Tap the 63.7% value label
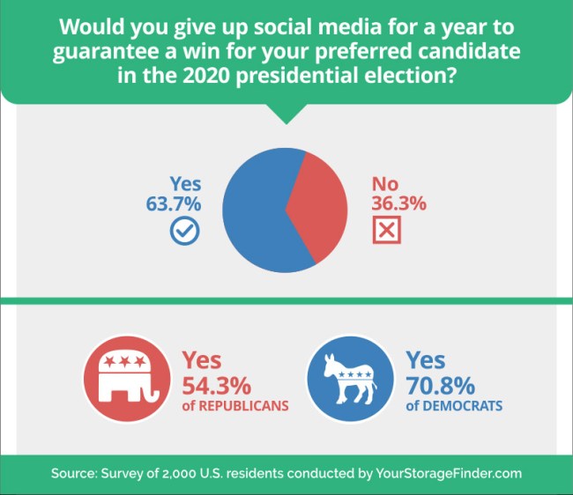174,203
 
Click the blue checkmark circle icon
184,231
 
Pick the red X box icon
385,231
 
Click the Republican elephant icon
123,380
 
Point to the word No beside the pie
385,184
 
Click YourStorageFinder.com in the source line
449,474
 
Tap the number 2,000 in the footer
182,474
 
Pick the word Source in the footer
72,474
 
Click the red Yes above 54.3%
202,360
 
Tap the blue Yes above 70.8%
426,360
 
